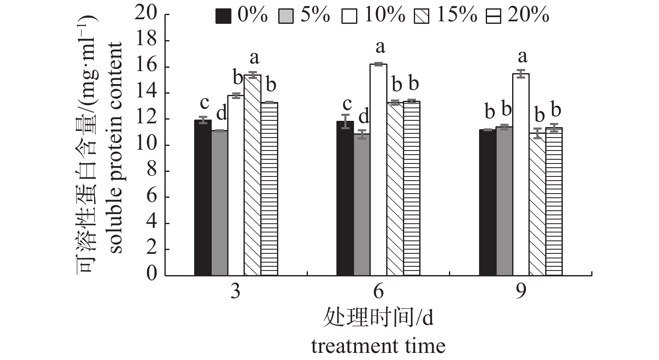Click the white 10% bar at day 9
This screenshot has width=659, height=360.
tap(521, 174)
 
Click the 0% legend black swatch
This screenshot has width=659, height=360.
tap(223, 17)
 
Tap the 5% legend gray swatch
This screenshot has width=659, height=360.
tap(286, 17)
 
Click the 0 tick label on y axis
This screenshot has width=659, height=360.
tap(151, 275)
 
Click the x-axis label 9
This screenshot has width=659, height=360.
tap(521, 291)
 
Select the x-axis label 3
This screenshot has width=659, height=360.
tap(236, 291)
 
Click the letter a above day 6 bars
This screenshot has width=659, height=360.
tap(380, 47)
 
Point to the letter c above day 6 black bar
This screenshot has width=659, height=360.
tap(347, 104)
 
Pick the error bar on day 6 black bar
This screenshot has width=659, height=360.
tap(345, 121)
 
